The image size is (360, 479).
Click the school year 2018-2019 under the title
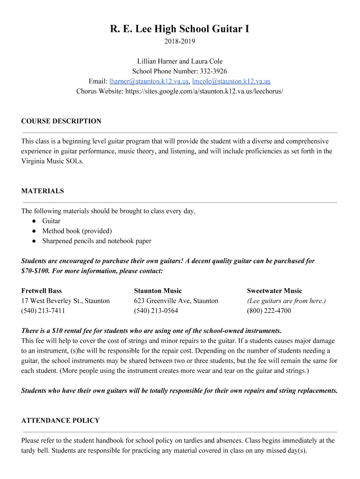(180, 42)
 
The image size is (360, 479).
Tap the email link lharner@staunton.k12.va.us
(149, 81)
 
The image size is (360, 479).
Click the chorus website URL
(204, 91)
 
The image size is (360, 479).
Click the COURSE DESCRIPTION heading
(61, 121)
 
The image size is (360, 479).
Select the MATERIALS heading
(43, 191)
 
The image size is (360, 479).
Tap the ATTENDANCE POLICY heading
(60, 421)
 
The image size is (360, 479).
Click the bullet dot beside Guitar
(35, 221)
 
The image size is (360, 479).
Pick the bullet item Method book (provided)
(77, 231)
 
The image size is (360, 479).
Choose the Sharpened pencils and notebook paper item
(96, 241)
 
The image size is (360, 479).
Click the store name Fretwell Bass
(42, 291)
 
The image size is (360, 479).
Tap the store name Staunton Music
(158, 291)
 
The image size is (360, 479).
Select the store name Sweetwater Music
(274, 291)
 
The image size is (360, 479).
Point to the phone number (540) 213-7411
(43, 311)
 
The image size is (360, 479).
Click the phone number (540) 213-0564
(156, 311)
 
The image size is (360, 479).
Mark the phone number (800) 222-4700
(269, 311)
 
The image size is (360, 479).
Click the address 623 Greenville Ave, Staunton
(176, 301)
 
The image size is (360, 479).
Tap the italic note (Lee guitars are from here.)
(286, 301)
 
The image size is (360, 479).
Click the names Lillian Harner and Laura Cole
(180, 61)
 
